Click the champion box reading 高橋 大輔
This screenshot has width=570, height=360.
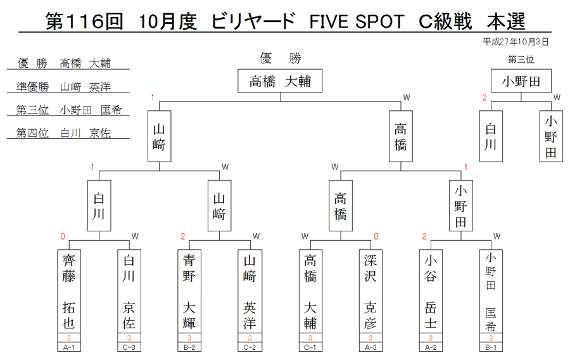pos(280,80)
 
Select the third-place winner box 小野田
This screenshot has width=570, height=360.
pos(521,80)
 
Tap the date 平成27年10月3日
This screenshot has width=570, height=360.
pos(516,42)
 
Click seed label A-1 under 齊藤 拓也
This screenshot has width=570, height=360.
pos(68,347)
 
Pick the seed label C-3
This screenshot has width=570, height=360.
pos(129,347)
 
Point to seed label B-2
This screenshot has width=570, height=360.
pos(189,347)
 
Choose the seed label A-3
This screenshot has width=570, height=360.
pos(370,347)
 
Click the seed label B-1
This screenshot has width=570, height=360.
pos(491,347)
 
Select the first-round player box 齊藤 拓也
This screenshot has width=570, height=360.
pos(68,292)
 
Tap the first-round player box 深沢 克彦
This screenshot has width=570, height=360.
pos(370,292)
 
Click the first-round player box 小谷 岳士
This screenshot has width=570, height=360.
pos(431,292)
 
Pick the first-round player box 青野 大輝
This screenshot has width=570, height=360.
pos(189,292)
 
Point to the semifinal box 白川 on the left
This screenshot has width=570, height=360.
pos(99,205)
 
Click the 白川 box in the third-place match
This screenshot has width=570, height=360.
pos(491,136)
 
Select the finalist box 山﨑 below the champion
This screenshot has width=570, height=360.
pos(159,136)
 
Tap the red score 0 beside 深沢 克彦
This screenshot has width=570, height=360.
pos(376,237)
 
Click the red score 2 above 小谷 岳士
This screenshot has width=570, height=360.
pos(424,237)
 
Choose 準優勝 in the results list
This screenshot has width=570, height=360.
pos(33,87)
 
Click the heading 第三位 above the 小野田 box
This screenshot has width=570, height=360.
pos(521,60)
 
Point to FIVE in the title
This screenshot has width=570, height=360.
pos(329,22)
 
